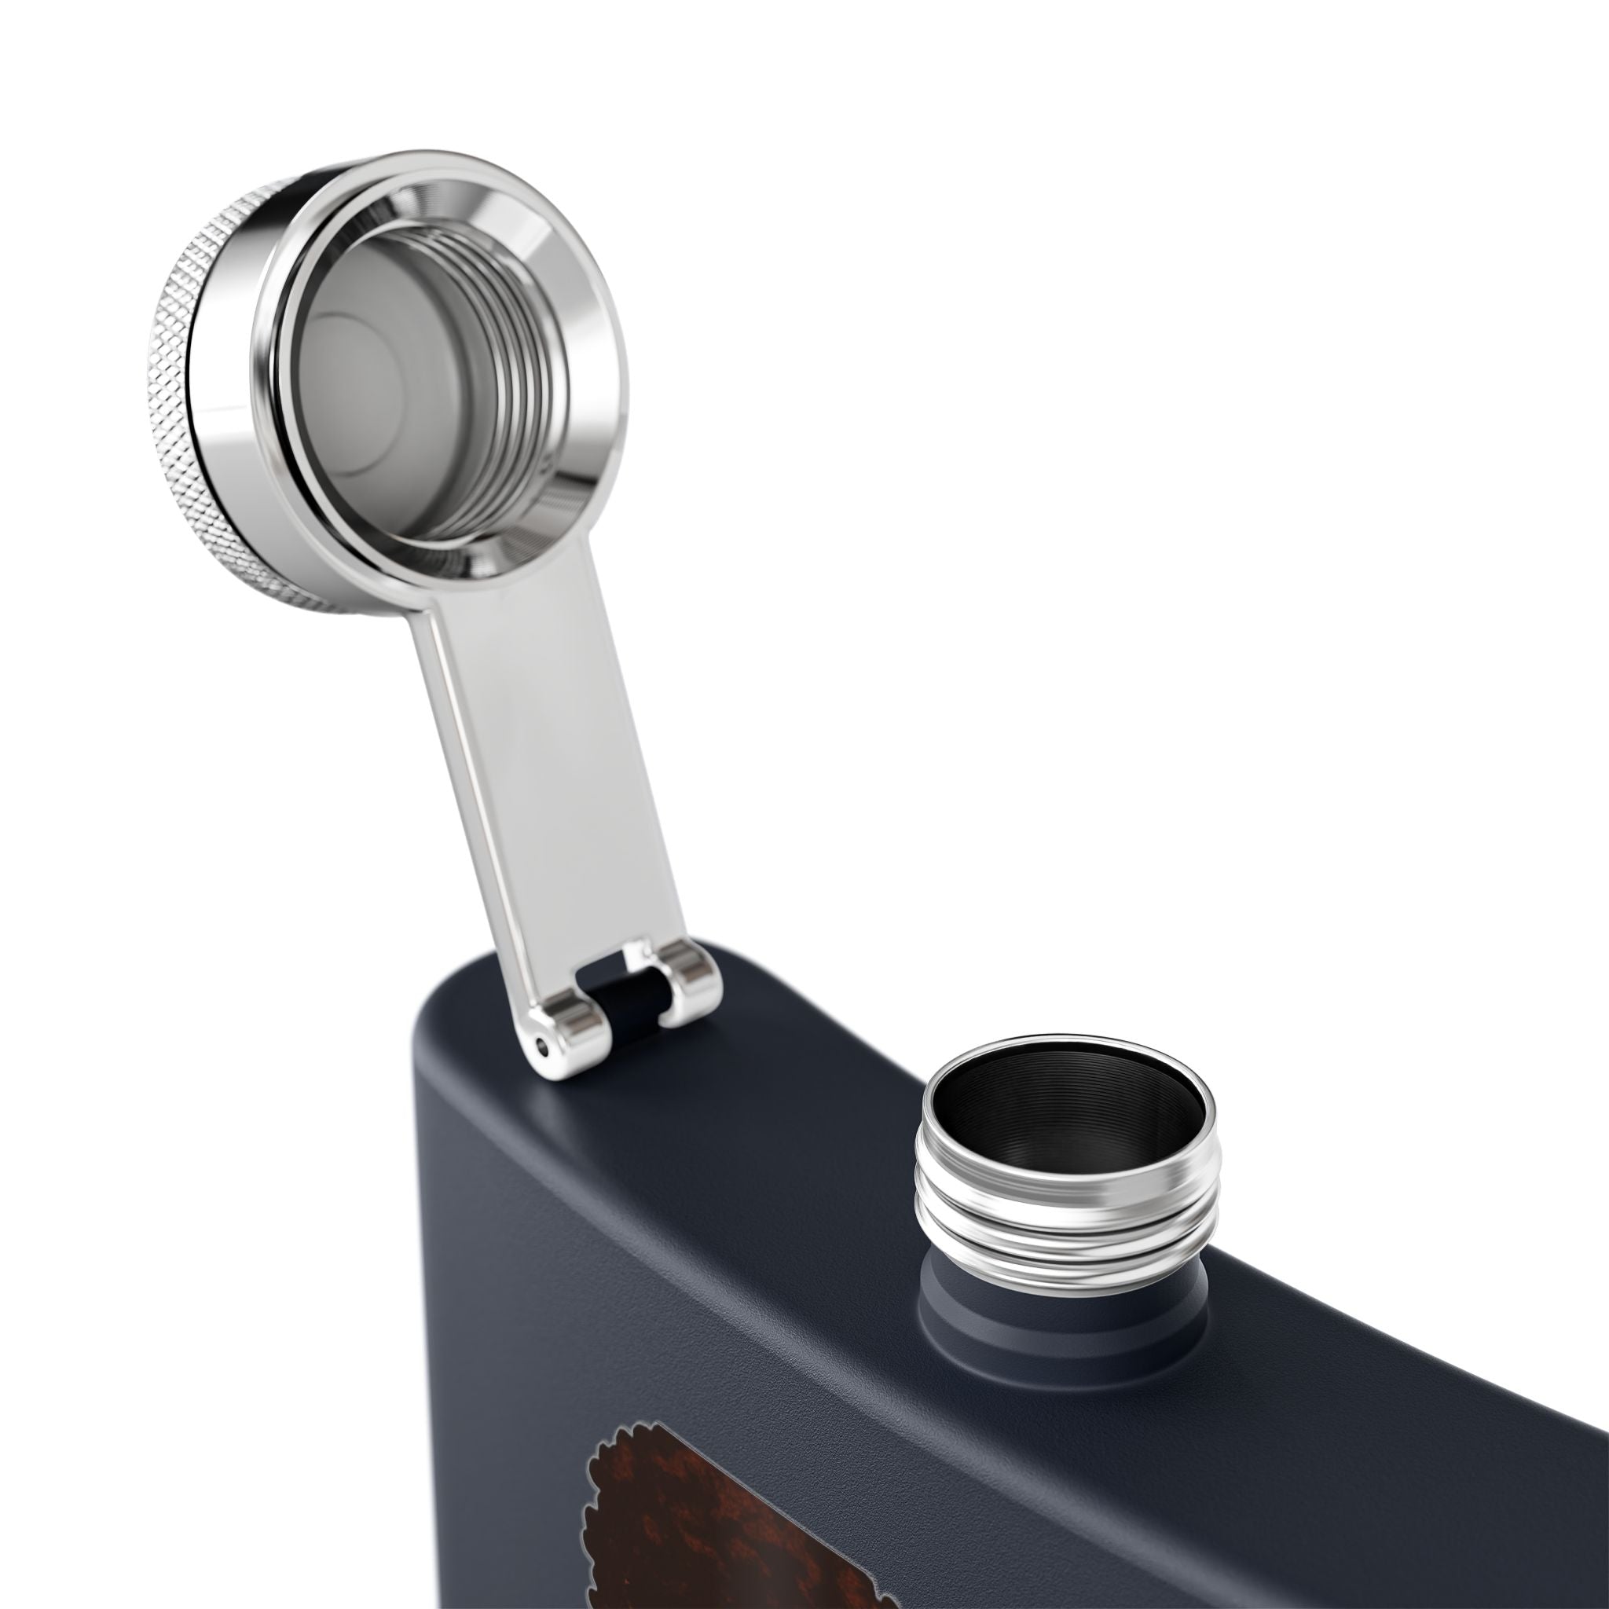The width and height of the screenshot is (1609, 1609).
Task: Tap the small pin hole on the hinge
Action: coord(544,1043)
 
